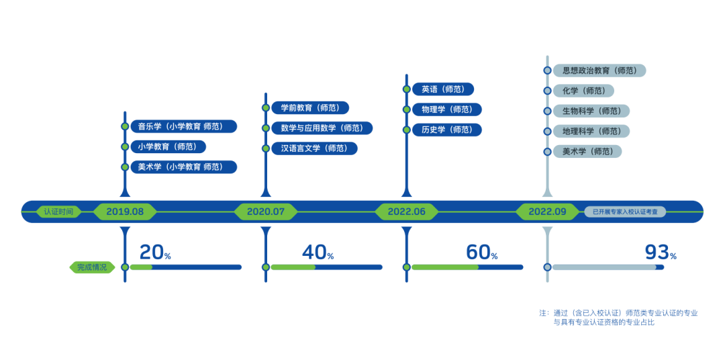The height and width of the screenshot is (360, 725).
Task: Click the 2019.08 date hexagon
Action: click(125, 212)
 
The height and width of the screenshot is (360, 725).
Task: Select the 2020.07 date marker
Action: click(266, 212)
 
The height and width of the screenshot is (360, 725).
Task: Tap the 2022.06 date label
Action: click(407, 212)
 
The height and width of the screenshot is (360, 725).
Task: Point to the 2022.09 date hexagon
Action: click(547, 212)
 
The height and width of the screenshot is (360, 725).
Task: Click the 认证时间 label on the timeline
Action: click(59, 212)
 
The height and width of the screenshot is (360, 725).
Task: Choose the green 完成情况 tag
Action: click(91, 267)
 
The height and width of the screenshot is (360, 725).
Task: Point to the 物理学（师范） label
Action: click(446, 109)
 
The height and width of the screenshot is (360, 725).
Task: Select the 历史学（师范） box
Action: click(446, 130)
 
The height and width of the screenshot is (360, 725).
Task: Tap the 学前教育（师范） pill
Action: click(309, 107)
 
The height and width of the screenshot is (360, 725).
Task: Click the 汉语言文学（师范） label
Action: click(314, 148)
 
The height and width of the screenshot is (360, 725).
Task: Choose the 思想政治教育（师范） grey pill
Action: click(599, 71)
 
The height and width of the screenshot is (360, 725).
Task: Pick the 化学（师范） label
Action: click(583, 91)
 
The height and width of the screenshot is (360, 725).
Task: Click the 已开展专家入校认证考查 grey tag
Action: click(625, 212)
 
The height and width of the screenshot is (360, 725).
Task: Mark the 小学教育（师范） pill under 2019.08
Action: click(167, 146)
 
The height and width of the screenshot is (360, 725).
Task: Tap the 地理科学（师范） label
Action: click(591, 131)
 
